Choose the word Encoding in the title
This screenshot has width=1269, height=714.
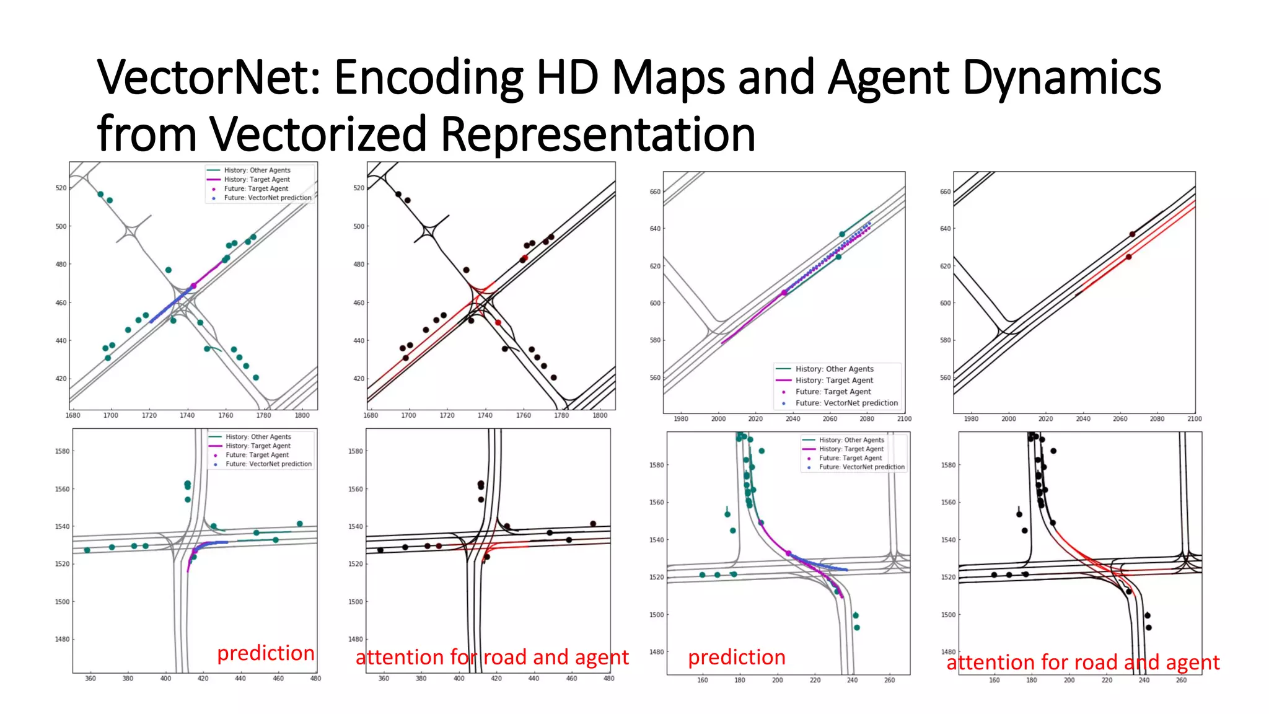(428, 77)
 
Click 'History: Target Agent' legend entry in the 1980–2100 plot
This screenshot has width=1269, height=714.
(834, 381)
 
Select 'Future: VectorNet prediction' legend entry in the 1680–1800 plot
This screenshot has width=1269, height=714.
(267, 198)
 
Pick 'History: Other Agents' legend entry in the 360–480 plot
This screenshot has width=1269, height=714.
(258, 437)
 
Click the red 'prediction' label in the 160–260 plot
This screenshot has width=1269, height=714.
(736, 658)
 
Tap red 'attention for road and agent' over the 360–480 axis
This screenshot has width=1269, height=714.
(492, 658)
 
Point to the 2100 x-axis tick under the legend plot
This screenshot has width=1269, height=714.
(904, 419)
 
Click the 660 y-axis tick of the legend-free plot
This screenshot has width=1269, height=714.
(945, 192)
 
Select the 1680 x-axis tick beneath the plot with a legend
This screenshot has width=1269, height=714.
(72, 415)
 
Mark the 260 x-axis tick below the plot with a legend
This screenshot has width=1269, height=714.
(889, 681)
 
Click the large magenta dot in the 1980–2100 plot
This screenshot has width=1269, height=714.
(784, 293)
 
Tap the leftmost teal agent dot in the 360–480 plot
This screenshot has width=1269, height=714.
(87, 550)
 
